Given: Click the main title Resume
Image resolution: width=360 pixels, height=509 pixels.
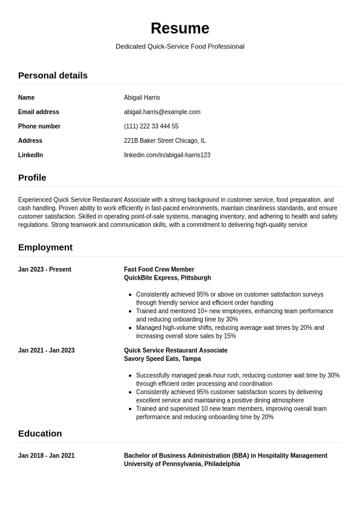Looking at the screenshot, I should pos(180,28).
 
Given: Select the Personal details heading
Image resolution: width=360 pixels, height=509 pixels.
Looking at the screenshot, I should pos(53,76).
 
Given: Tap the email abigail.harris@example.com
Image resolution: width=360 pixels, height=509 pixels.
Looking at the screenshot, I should pos(162,112).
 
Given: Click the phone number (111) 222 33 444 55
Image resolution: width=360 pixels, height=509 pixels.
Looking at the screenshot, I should pos(151,126).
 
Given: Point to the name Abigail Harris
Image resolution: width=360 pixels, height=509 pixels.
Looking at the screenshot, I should pos(142,97).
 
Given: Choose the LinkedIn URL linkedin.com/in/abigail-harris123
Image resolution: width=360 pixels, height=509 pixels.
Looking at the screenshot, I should pos(167,155).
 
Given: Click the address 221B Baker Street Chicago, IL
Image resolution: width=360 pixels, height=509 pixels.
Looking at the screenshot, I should pos(165,140).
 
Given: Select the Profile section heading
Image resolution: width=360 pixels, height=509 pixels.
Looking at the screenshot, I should pos(32,178).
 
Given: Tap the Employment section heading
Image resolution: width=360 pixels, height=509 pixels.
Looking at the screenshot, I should pos(45,248).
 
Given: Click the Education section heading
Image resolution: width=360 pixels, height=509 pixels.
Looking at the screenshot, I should pos(40,433).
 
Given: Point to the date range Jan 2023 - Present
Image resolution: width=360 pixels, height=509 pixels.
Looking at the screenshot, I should pos(45,269).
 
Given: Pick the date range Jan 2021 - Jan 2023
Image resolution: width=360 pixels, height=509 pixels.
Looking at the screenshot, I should pos(46,350).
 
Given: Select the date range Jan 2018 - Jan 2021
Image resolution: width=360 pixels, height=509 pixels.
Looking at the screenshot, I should pos(46,456).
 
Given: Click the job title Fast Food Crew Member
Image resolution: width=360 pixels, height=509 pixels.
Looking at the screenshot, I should pos(159,269).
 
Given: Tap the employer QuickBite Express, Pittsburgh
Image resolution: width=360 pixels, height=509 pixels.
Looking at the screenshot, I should pos(168,278).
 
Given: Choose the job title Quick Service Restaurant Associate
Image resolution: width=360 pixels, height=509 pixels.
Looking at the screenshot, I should pos(175,350).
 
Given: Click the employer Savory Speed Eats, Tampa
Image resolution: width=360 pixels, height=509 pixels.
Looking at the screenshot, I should pos(162,359).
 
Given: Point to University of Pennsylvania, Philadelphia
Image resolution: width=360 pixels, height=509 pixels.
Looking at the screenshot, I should pos(182,464).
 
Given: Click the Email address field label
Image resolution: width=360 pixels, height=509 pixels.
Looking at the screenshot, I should pos(39,112).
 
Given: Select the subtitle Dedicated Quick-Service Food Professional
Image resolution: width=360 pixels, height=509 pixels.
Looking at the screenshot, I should pos(180,47).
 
